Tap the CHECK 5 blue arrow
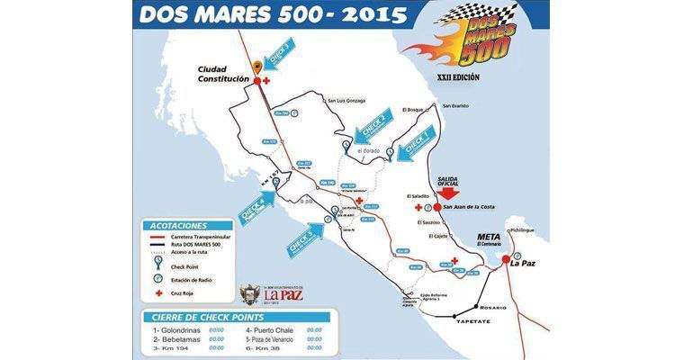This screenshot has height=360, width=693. [302, 239]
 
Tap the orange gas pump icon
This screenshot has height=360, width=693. [257, 64]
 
